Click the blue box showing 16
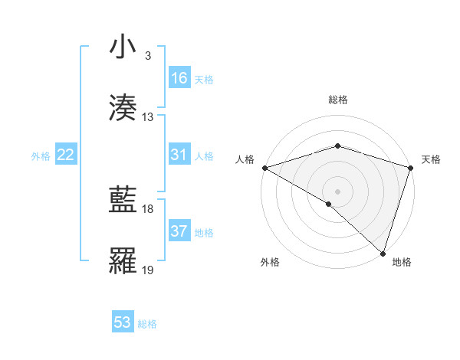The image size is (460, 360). tap(179, 78)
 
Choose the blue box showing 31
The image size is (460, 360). tap(179, 155)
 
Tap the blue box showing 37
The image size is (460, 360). tap(179, 231)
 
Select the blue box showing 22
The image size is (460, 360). tap(66, 155)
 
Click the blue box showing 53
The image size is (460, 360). tap(123, 322)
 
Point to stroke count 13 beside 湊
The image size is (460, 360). tap(148, 117)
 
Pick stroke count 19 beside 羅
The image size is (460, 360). tap(148, 270)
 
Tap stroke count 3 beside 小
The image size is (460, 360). tap(148, 56)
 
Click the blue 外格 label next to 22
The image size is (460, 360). tap(41, 156)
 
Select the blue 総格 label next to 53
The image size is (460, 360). tap(147, 324)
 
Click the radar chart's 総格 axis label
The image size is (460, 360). tap(337, 100)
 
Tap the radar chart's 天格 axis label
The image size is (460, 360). tap(432, 159)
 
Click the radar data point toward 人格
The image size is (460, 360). tap(264, 167)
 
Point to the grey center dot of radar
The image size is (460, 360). tap(337, 191)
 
